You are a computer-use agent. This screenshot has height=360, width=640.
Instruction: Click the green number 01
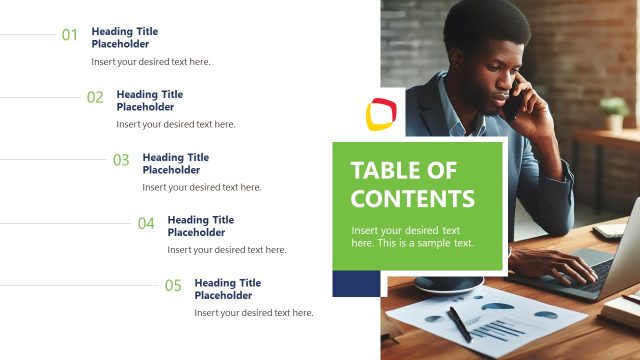(x=70, y=35)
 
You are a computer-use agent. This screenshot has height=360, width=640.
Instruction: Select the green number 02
(x=95, y=97)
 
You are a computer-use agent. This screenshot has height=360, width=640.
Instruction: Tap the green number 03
(x=121, y=160)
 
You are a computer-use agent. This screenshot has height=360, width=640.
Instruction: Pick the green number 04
(x=146, y=223)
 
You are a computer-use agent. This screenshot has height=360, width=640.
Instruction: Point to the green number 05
(x=173, y=286)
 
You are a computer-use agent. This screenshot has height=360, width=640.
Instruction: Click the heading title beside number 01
(x=124, y=38)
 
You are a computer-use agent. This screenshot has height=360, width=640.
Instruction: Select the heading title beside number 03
(x=175, y=163)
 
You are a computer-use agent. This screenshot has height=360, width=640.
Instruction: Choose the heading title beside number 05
(x=227, y=289)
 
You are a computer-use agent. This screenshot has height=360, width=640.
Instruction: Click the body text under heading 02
(x=175, y=125)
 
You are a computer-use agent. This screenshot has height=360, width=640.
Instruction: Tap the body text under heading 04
(x=226, y=250)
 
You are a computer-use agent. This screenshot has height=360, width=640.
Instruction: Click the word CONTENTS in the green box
(x=412, y=198)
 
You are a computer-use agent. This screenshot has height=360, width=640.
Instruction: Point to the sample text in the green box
(x=412, y=237)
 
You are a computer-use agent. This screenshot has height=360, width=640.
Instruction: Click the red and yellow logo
(x=380, y=114)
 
